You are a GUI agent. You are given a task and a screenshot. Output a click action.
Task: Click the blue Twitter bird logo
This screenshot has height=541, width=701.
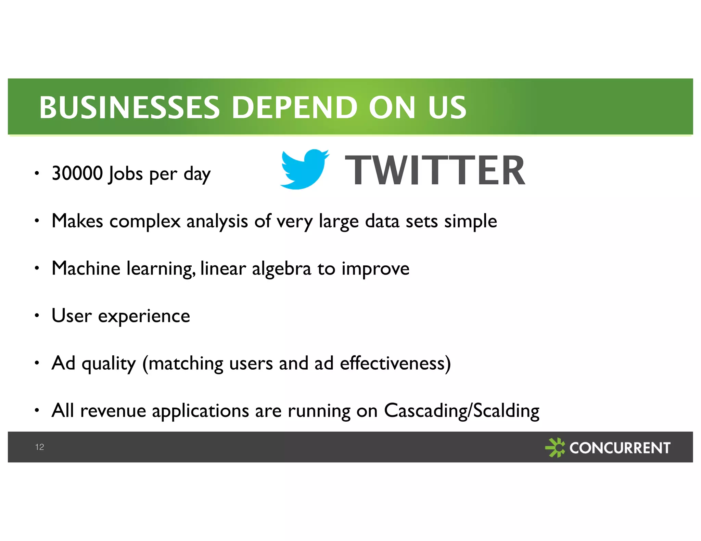304,169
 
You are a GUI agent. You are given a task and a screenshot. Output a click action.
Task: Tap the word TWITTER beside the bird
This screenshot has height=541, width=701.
435,170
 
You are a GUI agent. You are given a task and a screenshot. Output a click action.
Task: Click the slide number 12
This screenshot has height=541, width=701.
39,447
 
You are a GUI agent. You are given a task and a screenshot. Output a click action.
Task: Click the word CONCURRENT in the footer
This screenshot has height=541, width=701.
620,448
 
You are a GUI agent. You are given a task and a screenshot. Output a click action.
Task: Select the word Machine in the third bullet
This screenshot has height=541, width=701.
86,268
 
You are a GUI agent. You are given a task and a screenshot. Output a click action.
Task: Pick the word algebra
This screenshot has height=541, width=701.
281,269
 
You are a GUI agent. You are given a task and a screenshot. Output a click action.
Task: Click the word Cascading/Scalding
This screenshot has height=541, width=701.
461,410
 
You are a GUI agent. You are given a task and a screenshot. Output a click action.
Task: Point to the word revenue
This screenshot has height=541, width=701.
113,411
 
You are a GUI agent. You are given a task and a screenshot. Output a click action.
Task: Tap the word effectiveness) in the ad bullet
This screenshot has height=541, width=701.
395,363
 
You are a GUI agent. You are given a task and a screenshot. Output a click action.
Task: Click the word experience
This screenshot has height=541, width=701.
144,316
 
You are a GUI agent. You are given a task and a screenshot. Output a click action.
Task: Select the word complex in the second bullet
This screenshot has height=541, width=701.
145,221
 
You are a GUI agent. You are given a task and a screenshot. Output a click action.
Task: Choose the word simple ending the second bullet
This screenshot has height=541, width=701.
471,221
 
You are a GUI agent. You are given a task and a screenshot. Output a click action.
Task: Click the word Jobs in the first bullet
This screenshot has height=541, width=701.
125,174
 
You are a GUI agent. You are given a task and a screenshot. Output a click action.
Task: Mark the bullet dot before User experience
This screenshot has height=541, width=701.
37,316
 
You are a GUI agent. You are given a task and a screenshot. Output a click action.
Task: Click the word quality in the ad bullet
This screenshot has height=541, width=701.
109,364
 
